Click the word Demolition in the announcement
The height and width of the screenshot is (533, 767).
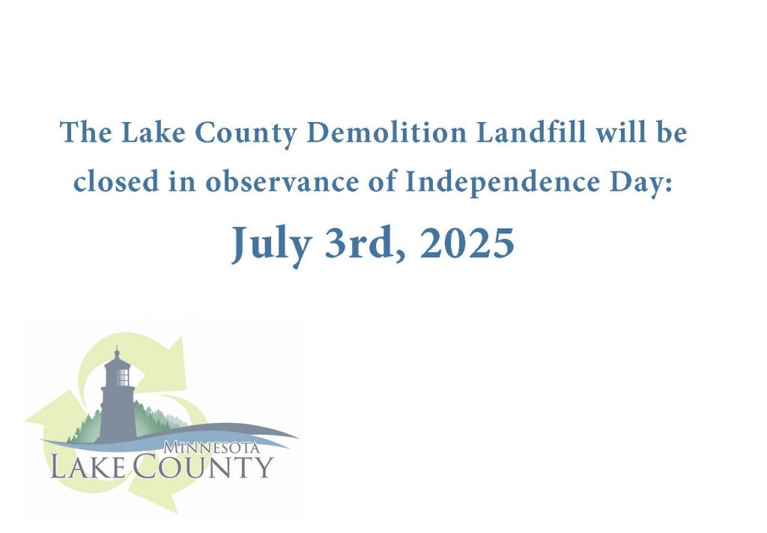[x=386, y=133]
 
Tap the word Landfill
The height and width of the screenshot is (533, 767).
[x=531, y=132]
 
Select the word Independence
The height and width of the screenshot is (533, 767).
[x=503, y=181]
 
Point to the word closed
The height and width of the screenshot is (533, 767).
[x=116, y=182]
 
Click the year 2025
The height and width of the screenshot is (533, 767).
[x=467, y=243]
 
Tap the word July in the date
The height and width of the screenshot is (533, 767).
[x=271, y=246]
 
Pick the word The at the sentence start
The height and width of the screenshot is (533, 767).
[x=85, y=133]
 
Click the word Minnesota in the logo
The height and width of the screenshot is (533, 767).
[x=212, y=447]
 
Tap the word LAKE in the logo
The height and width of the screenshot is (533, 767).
[x=88, y=466]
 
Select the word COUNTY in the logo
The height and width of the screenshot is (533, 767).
[x=202, y=466]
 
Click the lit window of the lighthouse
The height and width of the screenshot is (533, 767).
[x=124, y=377]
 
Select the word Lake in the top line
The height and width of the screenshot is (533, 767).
[x=153, y=133]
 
